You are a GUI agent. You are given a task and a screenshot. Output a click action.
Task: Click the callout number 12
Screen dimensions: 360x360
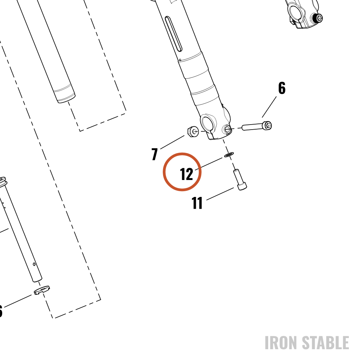click(186, 174)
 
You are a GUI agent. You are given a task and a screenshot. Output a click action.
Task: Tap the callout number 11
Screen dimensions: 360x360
click(197, 203)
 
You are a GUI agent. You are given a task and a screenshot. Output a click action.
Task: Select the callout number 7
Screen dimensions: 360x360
click(155, 154)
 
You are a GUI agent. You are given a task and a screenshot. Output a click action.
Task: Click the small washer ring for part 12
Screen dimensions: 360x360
click(229, 154)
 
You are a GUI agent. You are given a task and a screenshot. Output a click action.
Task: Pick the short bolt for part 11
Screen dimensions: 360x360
click(240, 180)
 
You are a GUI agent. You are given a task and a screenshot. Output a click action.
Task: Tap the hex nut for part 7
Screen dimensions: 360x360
click(193, 131)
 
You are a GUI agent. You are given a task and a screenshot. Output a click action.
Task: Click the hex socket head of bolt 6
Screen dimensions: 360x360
click(267, 126)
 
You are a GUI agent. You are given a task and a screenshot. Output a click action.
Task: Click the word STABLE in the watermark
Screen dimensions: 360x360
click(325, 343)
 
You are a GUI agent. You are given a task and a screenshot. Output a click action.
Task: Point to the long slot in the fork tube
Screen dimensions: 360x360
click(174, 34)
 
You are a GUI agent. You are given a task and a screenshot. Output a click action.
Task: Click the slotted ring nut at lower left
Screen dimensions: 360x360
click(41, 290)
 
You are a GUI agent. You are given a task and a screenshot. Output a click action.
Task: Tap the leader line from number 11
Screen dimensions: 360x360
click(220, 194)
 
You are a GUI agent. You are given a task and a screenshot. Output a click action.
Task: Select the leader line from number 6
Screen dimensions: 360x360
click(269, 107)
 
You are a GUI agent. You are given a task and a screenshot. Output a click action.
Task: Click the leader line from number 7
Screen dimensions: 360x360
click(172, 142)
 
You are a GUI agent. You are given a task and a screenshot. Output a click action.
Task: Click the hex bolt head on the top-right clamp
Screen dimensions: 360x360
click(319, 18)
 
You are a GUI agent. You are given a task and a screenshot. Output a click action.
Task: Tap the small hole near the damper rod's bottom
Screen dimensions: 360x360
click(34, 264)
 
